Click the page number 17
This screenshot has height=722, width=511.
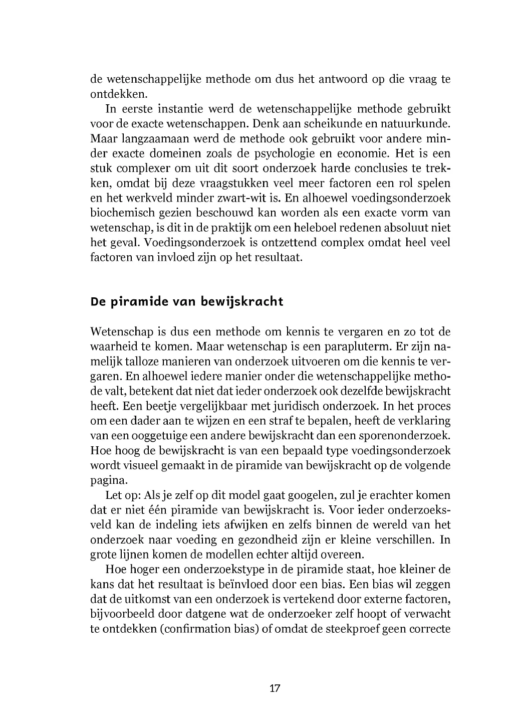275,688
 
